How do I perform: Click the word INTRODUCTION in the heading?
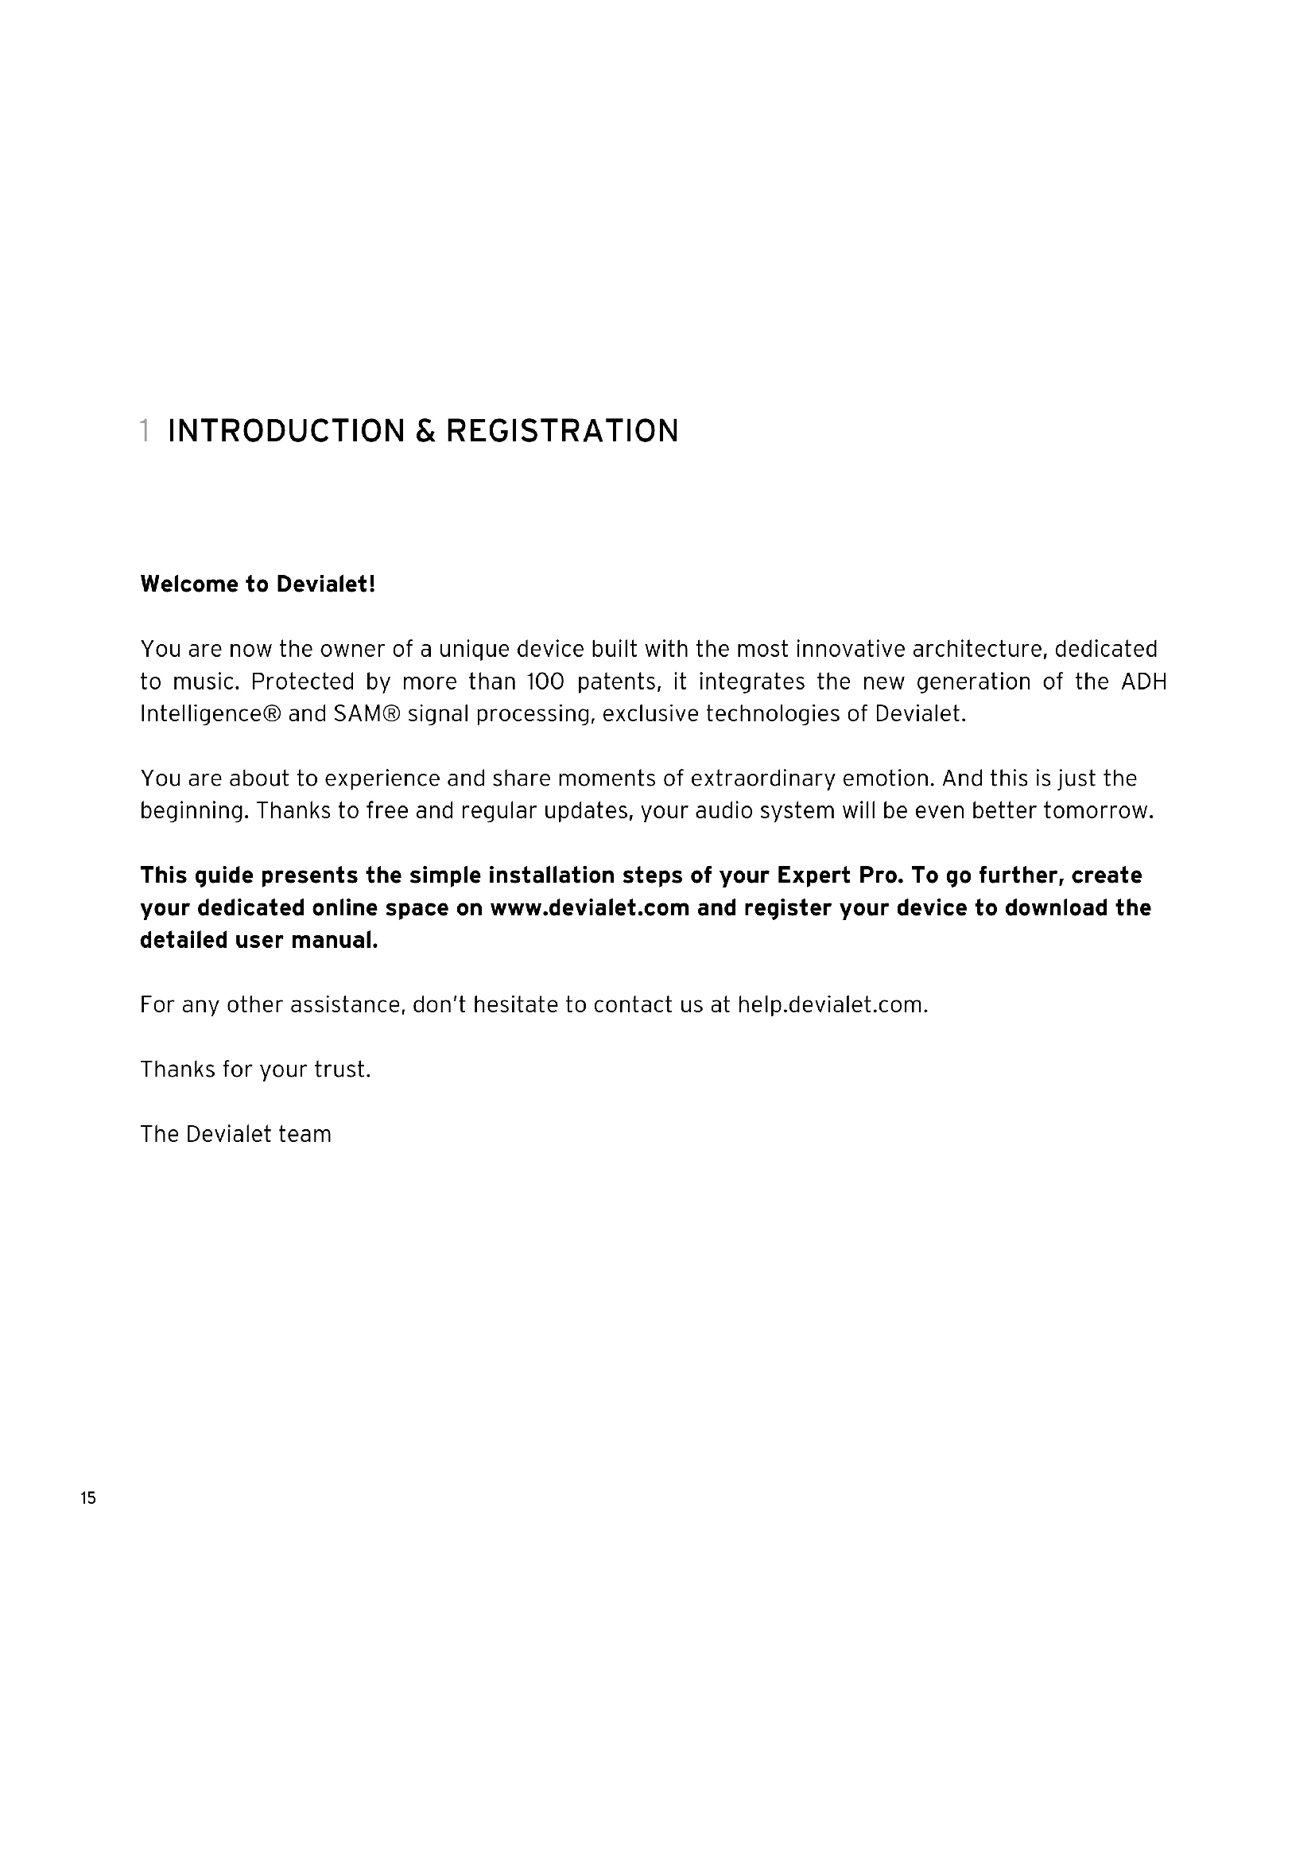[286, 431]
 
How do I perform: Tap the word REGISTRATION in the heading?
[562, 431]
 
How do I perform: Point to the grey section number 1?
[144, 431]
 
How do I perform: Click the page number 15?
[88, 1498]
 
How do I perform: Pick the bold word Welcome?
[184, 584]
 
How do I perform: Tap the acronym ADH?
[1143, 681]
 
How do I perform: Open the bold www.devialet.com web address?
[589, 907]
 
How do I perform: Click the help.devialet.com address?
[832, 1004]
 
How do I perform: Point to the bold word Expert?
[813, 875]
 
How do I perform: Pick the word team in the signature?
[305, 1134]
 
